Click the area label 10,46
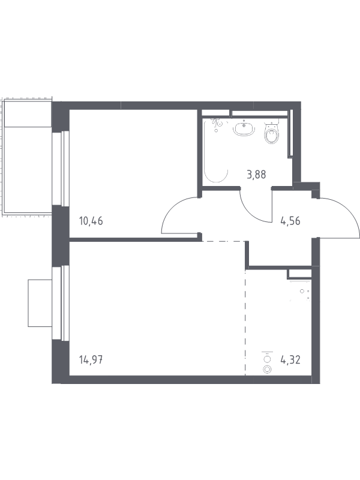pyautogui.click(x=91, y=221)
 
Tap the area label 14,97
pyautogui.click(x=91, y=359)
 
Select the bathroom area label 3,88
pyautogui.click(x=257, y=175)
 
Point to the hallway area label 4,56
pyautogui.click(x=290, y=221)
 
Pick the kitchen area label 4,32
pyautogui.click(x=290, y=359)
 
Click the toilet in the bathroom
pyautogui.click(x=272, y=133)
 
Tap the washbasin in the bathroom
pyautogui.click(x=244, y=128)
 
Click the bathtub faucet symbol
pyautogui.click(x=218, y=124)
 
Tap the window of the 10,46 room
pyautogui.click(x=61, y=168)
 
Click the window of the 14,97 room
pyautogui.click(x=61, y=303)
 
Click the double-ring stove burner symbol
pyautogui.click(x=268, y=370)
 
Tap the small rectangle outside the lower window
pyautogui.click(x=40, y=303)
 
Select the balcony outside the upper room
pyautogui.click(x=28, y=157)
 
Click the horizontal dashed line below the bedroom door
pyautogui.click(x=223, y=242)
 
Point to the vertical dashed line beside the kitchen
pyautogui.click(x=245, y=322)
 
